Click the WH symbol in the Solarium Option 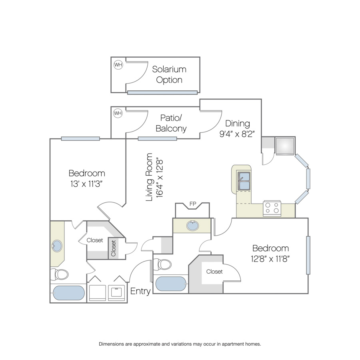(x=118, y=65)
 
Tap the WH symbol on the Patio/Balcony (x=118, y=113)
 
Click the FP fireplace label (x=193, y=204)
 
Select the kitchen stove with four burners (x=272, y=208)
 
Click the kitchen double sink (x=244, y=181)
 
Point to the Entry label (x=140, y=291)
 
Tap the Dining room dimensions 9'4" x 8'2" (x=237, y=134)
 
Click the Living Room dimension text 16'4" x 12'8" (x=159, y=177)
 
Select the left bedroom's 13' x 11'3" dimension (x=86, y=184)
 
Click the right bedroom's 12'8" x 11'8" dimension (x=270, y=259)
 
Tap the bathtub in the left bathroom (x=69, y=293)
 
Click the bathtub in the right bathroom (x=171, y=284)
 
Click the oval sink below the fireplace (x=193, y=226)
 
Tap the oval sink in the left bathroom (x=57, y=246)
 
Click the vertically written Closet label (x=114, y=248)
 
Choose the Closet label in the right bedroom (x=214, y=272)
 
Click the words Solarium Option (x=169, y=75)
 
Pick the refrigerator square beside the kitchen (x=285, y=146)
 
